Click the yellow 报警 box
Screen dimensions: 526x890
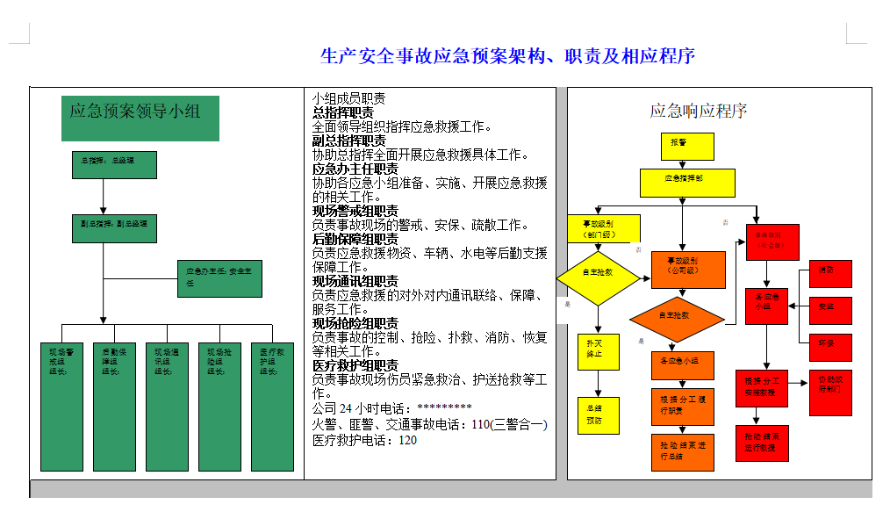pos(686,146)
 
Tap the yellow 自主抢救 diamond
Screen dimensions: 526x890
pos(598,277)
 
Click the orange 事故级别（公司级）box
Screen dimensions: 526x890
pos(688,270)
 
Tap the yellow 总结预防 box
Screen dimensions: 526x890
pos(598,415)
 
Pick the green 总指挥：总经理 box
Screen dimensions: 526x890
pos(114,165)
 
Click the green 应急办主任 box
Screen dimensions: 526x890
pos(219,278)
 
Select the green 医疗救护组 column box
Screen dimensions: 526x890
pos(272,407)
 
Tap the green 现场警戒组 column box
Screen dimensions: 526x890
pos(61,407)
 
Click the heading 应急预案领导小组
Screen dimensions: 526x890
pos(139,111)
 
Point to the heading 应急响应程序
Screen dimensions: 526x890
pos(698,111)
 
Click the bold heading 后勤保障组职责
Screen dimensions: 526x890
pos(355,239)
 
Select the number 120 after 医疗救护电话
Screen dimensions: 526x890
pos(408,440)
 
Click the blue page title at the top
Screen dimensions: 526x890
pos(507,57)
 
